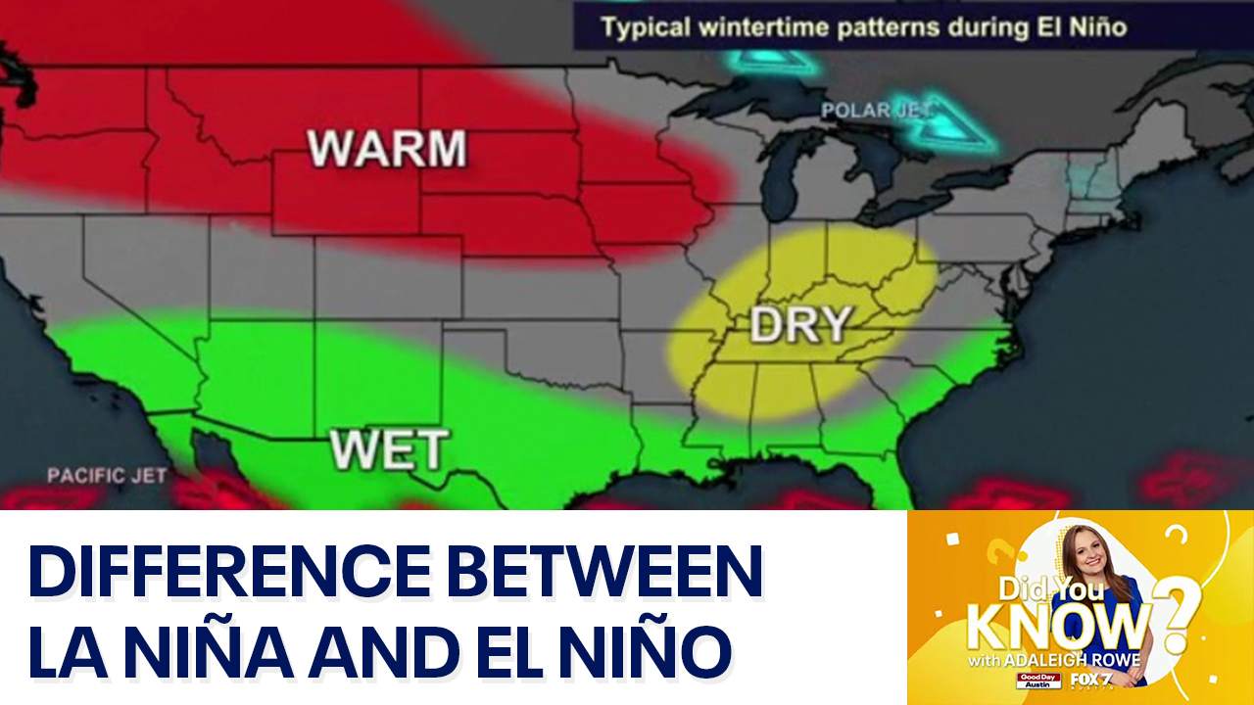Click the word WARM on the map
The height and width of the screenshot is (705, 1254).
tap(387, 148)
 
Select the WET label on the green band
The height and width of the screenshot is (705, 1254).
tap(389, 449)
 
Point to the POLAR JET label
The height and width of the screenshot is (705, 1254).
tap(875, 111)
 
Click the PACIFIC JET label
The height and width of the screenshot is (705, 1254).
tap(107, 476)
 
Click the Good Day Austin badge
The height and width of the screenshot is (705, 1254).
tap(1039, 681)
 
